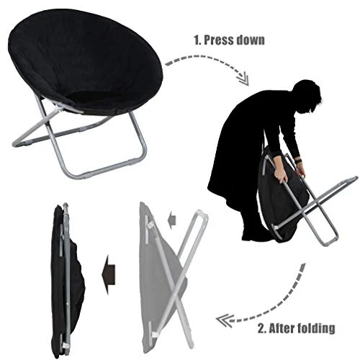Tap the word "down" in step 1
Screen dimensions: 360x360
[x=251, y=40]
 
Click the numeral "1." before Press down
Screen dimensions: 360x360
[x=197, y=40]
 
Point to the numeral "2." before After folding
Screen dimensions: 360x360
[x=262, y=328]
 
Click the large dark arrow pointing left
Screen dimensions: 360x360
[x=109, y=274]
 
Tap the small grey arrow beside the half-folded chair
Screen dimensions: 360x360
[x=172, y=220]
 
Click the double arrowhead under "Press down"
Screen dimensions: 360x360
[x=243, y=78]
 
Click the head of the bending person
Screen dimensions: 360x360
[x=307, y=96]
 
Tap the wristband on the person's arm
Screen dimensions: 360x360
[x=298, y=161]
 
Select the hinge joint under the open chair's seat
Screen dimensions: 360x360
[x=58, y=110]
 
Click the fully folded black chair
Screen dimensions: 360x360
[x=66, y=280]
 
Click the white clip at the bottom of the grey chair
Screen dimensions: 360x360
[x=155, y=335]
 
